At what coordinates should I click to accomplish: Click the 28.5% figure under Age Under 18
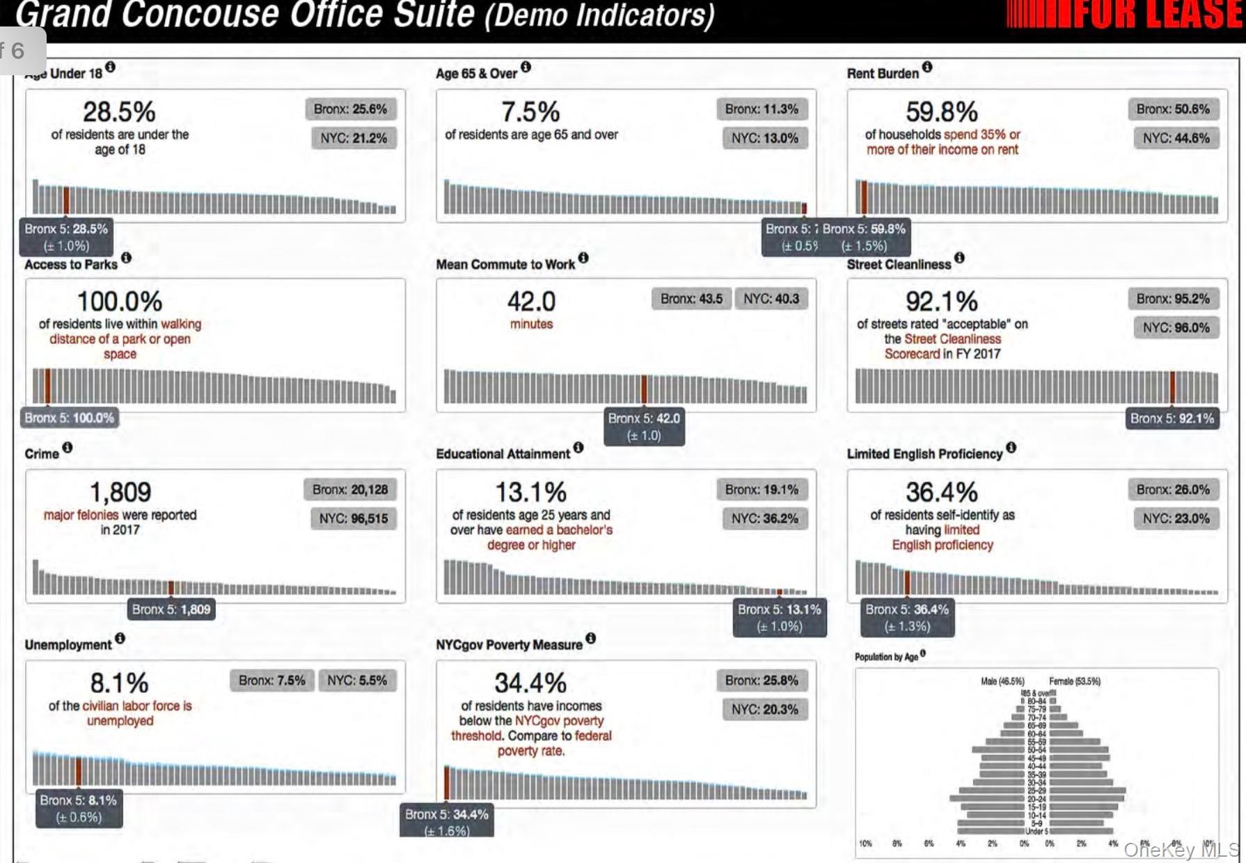click(x=119, y=111)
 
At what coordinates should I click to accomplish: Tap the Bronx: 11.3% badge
click(x=761, y=109)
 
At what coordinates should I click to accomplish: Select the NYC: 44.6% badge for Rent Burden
click(x=1176, y=138)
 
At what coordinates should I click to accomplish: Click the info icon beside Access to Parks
click(x=126, y=258)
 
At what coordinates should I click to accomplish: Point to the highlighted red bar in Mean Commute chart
click(x=644, y=389)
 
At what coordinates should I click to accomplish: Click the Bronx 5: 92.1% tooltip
click(x=1172, y=419)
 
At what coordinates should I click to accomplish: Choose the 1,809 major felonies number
click(x=120, y=492)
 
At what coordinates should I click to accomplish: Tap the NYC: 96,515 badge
click(x=353, y=518)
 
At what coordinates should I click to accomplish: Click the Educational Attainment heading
click(x=503, y=454)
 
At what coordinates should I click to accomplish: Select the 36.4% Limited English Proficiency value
click(x=941, y=492)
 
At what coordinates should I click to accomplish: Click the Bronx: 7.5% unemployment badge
click(x=271, y=681)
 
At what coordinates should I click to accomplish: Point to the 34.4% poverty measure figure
click(x=530, y=683)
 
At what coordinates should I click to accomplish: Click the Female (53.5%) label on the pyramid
click(x=1074, y=681)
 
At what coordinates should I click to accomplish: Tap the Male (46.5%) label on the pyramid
click(x=1002, y=681)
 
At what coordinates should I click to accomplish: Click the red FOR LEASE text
click(x=1156, y=14)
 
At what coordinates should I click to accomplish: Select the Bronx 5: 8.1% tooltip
click(x=79, y=808)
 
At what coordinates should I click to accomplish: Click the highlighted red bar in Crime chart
click(x=171, y=587)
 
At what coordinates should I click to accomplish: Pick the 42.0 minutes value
click(x=531, y=302)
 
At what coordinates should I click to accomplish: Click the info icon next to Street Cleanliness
click(x=959, y=258)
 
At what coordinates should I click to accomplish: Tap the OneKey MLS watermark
click(x=1181, y=850)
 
